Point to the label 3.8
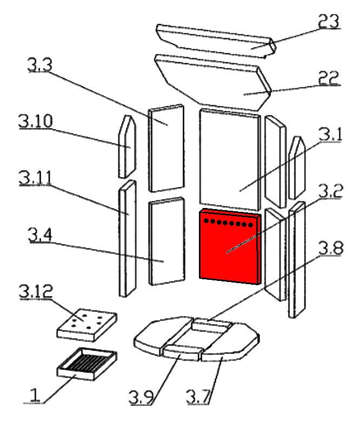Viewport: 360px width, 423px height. click(x=330, y=249)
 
